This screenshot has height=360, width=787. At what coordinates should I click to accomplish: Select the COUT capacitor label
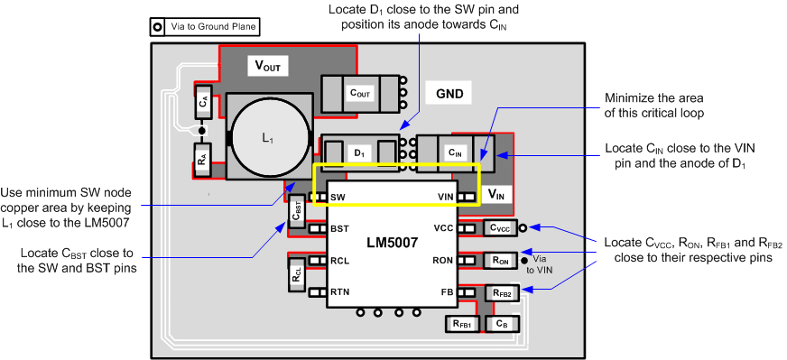(x=360, y=94)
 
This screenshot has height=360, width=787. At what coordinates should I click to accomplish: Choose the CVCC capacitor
(x=499, y=228)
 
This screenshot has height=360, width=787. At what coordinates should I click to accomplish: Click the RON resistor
(x=499, y=260)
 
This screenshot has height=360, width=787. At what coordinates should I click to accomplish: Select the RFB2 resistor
(x=501, y=292)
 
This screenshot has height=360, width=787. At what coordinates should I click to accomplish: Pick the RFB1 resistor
(x=460, y=323)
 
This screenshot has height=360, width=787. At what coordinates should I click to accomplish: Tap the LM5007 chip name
(x=393, y=244)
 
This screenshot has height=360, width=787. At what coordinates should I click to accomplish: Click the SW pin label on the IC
(x=338, y=197)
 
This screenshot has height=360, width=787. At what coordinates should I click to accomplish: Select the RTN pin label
(x=340, y=291)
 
